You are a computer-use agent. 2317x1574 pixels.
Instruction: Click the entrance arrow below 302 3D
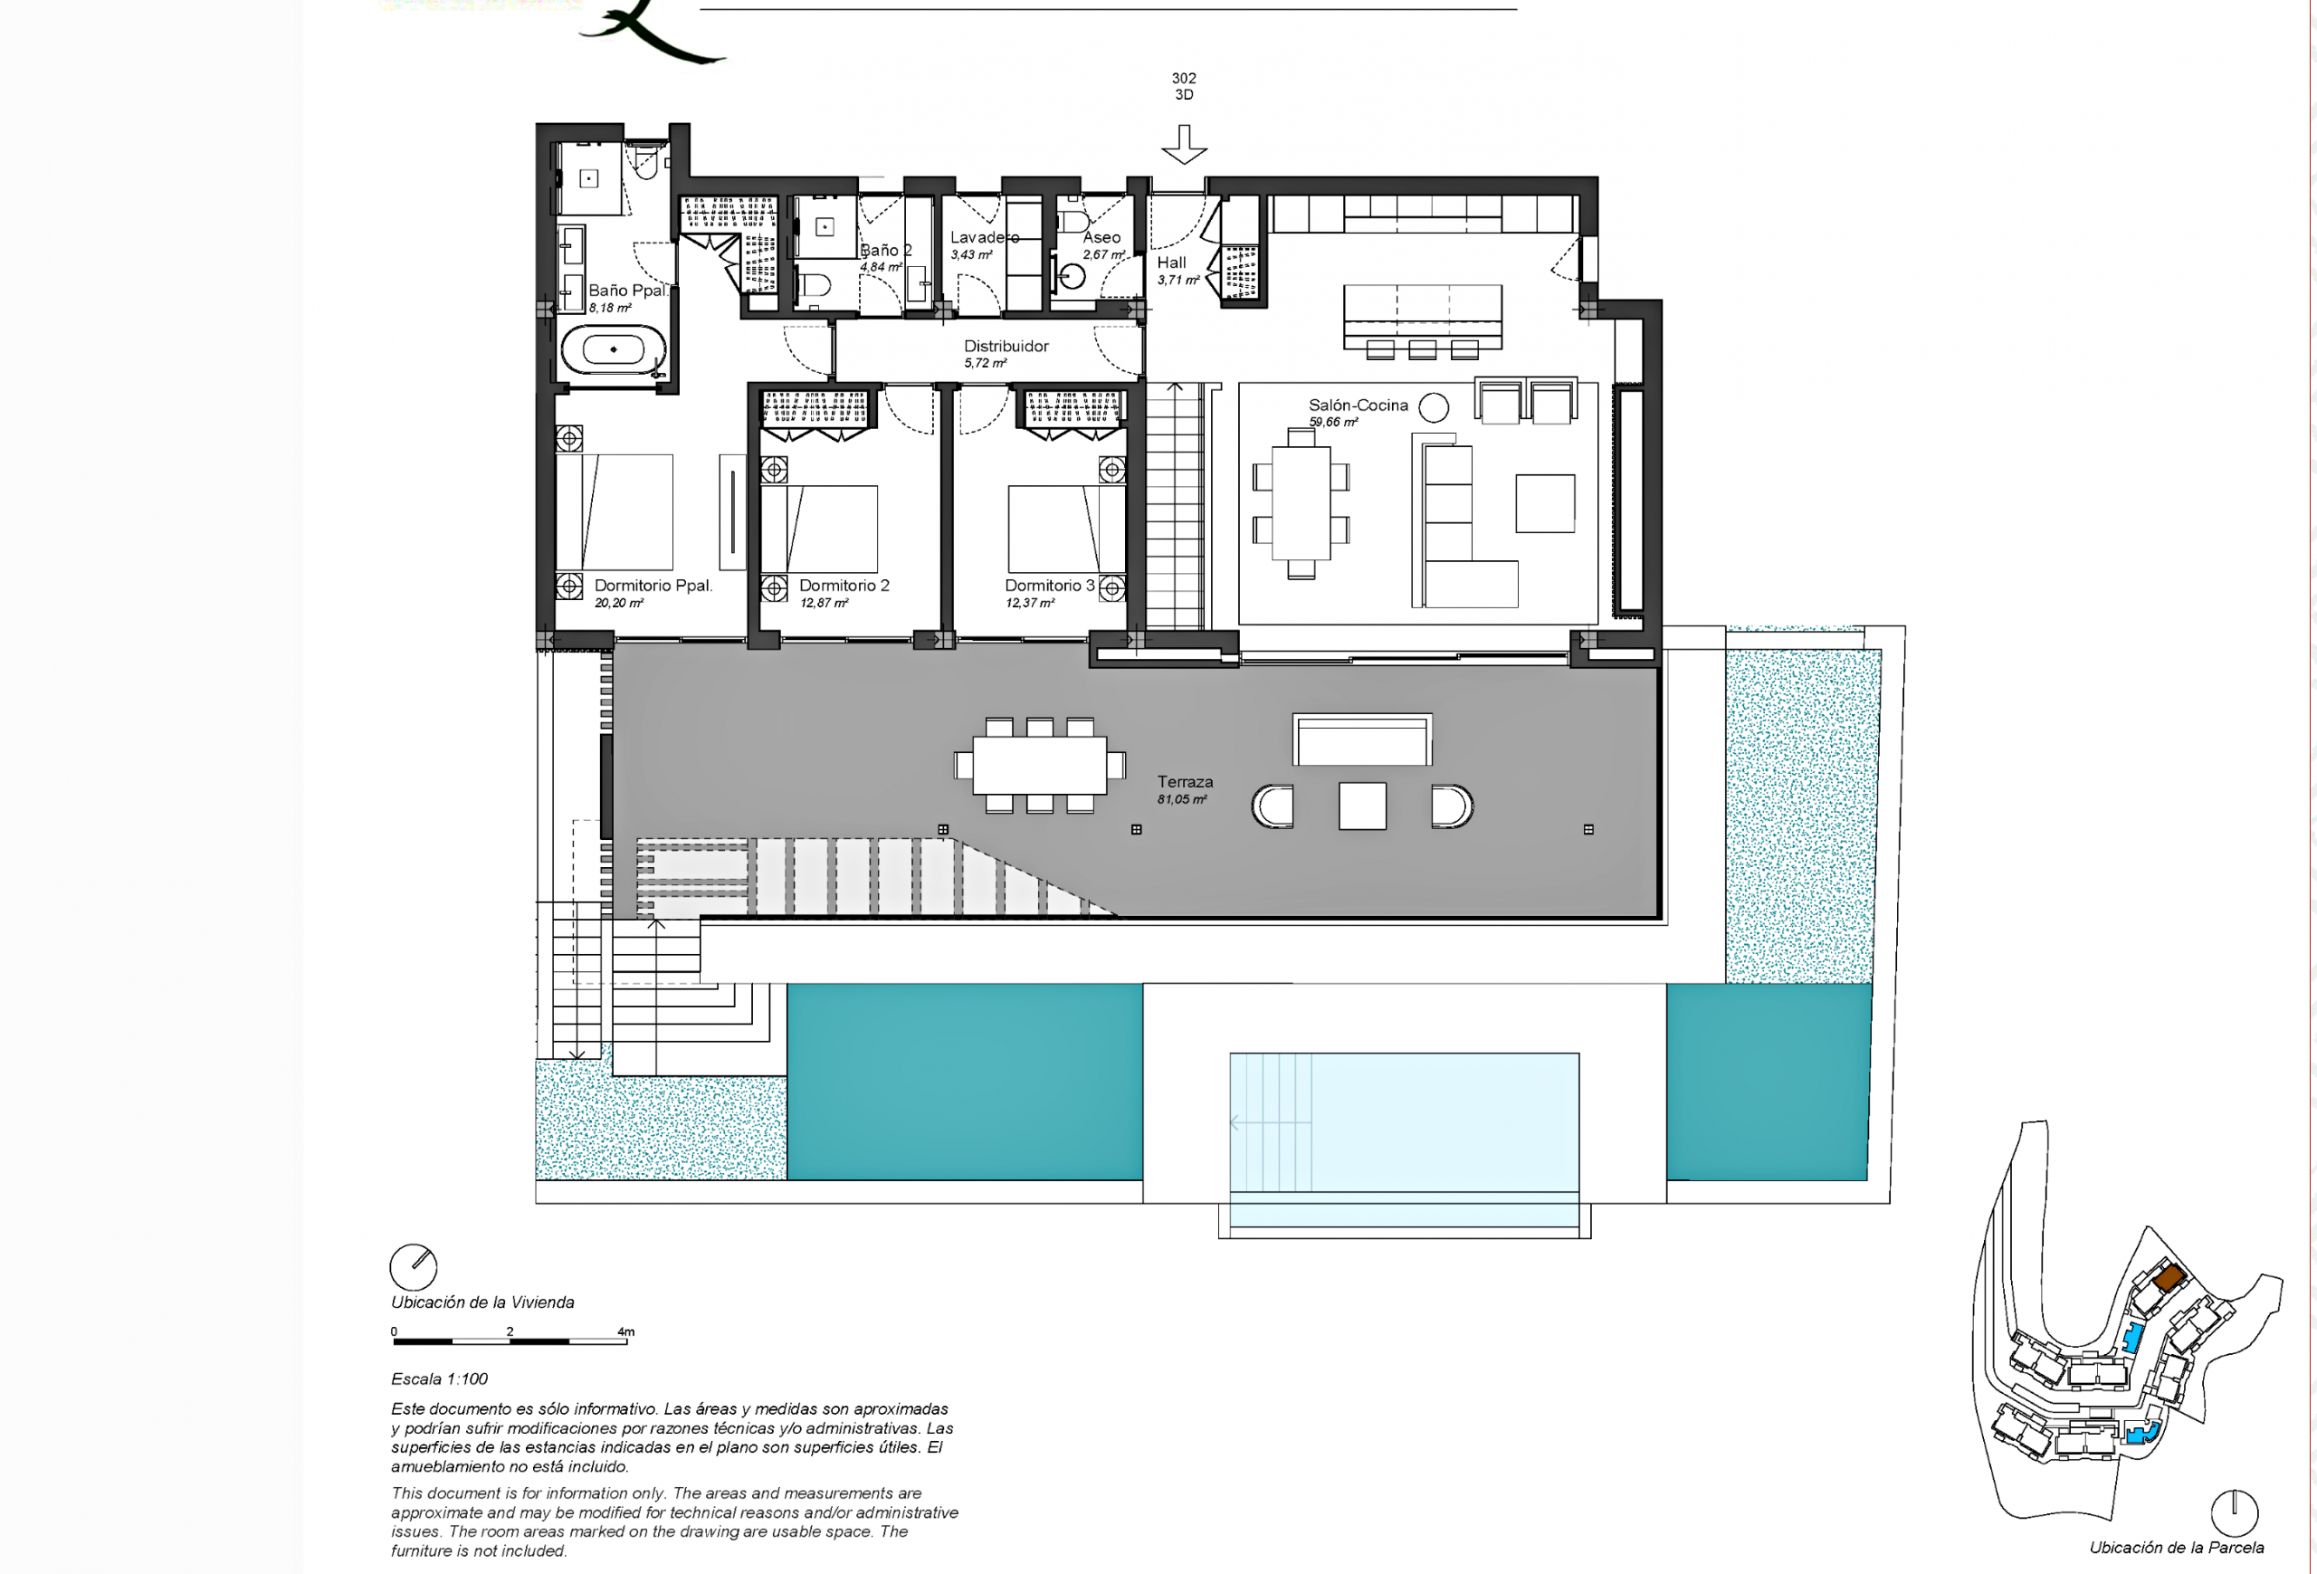[x=1184, y=145]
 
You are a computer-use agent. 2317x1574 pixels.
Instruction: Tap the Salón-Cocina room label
[x=1358, y=405]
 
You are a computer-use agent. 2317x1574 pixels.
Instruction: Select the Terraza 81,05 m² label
[x=1185, y=789]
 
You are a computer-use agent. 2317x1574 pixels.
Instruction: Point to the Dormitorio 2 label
[x=844, y=585]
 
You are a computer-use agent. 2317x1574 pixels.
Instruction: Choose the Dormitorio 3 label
[x=1049, y=585]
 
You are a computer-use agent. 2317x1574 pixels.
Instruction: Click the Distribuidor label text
[x=1006, y=346]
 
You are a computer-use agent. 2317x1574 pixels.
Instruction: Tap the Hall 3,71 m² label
[x=1178, y=270]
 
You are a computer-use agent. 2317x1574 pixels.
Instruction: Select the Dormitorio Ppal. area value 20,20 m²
[x=619, y=603]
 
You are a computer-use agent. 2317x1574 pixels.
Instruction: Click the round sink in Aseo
[x=1072, y=276]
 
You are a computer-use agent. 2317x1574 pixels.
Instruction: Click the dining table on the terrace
[x=1040, y=765]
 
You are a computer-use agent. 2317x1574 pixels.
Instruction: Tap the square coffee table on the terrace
[x=1362, y=806]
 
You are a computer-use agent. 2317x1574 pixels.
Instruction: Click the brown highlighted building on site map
[x=2169, y=1277]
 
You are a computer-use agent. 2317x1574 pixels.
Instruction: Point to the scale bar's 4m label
[x=625, y=1331]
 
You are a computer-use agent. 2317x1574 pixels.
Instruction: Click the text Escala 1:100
[x=440, y=1378]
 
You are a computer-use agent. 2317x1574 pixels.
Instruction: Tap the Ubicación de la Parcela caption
[x=2177, y=1547]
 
